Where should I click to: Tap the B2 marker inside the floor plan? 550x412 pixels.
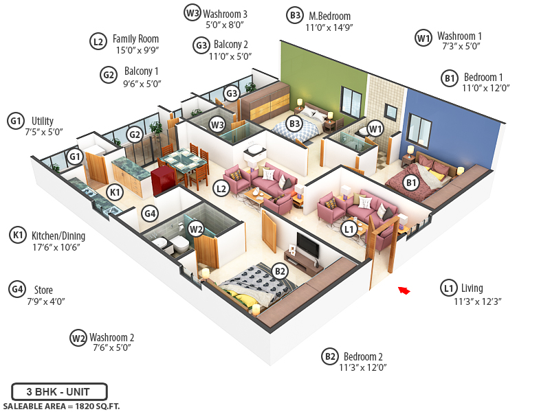(280, 271)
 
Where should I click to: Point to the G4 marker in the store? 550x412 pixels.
(150, 214)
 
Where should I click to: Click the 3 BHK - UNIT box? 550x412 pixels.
(59, 392)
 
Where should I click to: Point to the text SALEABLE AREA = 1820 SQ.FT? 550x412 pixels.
(61, 406)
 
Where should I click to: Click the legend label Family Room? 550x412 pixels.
(136, 39)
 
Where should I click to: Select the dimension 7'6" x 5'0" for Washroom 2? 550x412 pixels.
(111, 348)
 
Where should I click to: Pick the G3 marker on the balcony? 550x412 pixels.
(232, 93)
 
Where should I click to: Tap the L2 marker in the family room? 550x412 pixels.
(221, 187)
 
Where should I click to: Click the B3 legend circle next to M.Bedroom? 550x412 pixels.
(294, 15)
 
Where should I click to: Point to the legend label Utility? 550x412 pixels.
(43, 121)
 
